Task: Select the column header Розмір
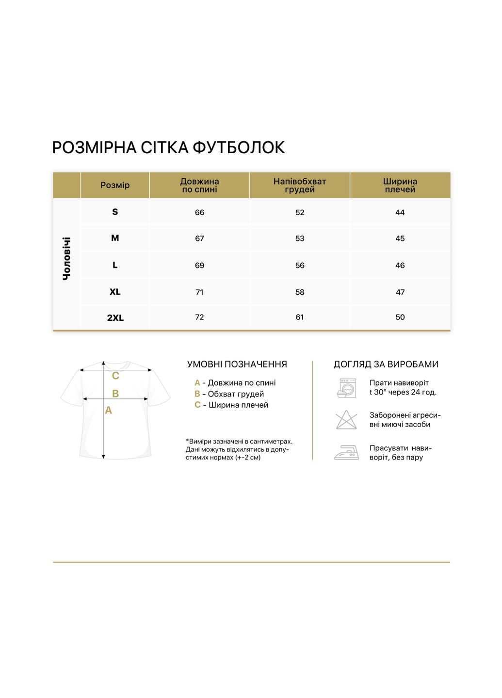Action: click(x=115, y=185)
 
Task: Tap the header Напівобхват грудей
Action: click(x=300, y=185)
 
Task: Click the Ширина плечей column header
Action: click(x=400, y=185)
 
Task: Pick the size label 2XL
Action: click(x=115, y=318)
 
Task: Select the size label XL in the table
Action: click(x=115, y=292)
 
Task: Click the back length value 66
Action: click(x=199, y=212)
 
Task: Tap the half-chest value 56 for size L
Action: click(x=300, y=265)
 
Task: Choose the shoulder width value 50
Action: click(x=400, y=317)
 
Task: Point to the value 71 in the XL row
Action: click(x=199, y=292)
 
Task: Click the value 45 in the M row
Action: click(x=400, y=238)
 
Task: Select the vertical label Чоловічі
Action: click(x=67, y=258)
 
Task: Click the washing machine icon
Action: click(x=346, y=388)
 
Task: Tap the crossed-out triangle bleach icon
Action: click(x=346, y=420)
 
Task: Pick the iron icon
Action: click(x=346, y=453)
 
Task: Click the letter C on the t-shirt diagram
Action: click(x=115, y=376)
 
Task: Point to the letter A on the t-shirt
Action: click(x=109, y=411)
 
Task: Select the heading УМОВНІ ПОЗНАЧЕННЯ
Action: click(x=237, y=365)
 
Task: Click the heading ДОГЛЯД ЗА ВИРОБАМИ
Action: click(x=386, y=365)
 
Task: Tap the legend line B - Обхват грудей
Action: click(x=229, y=394)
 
